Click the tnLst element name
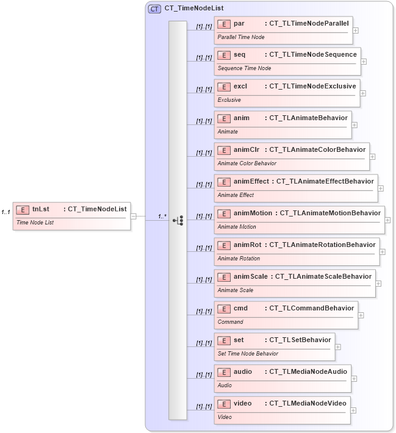(x=41, y=209)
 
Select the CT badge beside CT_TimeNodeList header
(x=154, y=9)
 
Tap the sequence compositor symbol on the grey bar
(x=178, y=220)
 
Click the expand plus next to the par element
(x=356, y=30)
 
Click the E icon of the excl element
(x=224, y=86)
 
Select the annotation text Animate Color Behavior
(x=247, y=163)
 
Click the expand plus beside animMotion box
(x=388, y=220)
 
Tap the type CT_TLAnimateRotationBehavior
(x=322, y=245)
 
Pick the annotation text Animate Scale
(x=236, y=290)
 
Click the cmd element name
(x=240, y=308)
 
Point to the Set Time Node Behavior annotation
(x=248, y=354)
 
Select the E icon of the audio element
(x=224, y=371)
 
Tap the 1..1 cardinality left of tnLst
(x=6, y=212)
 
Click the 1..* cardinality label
(x=163, y=216)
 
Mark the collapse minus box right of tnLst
(x=134, y=215)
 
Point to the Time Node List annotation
(x=35, y=223)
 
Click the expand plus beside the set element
(x=338, y=347)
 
